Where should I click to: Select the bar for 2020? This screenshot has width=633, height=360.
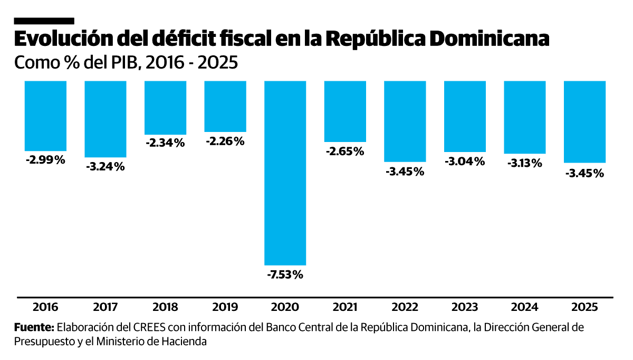(x=285, y=173)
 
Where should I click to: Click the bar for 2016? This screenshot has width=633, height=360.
(x=45, y=116)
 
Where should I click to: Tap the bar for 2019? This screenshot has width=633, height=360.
(x=225, y=106)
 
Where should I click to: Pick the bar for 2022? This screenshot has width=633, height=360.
(x=405, y=121)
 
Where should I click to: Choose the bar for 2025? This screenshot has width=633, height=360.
(x=584, y=121)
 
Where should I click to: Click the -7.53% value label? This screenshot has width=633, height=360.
(x=285, y=274)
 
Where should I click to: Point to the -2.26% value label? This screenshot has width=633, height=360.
(x=225, y=141)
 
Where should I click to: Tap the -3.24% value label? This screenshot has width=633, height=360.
(x=105, y=167)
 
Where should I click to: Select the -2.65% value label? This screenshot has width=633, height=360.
(x=345, y=151)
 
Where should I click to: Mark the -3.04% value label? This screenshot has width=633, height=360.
(x=465, y=162)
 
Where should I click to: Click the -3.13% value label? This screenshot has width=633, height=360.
(x=525, y=163)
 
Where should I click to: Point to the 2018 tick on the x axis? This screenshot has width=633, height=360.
(x=165, y=307)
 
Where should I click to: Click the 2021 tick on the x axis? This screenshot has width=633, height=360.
(x=345, y=307)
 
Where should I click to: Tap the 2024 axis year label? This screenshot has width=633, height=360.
(x=525, y=307)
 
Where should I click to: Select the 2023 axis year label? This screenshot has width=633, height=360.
(x=465, y=307)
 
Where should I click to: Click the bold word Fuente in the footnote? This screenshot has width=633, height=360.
(x=34, y=327)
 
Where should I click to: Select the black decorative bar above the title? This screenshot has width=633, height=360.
(x=44, y=21)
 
